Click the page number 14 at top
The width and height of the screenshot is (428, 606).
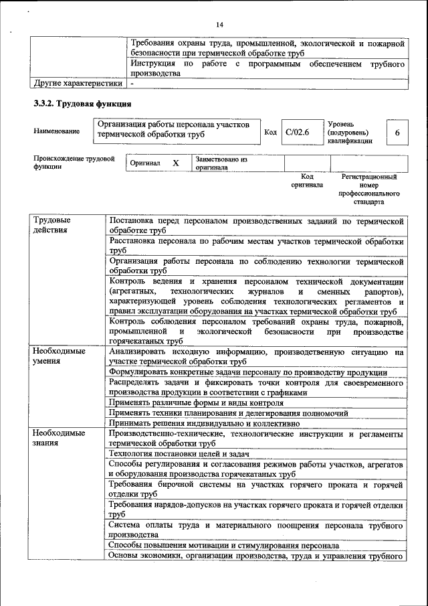pos(219,25)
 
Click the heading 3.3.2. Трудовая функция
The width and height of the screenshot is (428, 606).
pos(82,104)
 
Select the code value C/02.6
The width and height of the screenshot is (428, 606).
pos(297,133)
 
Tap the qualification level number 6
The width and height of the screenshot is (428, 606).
pos(397,133)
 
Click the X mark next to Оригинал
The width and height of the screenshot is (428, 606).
pos(176,163)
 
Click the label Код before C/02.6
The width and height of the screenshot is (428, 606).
pos(270,133)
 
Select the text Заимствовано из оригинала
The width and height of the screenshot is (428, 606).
pos(221,163)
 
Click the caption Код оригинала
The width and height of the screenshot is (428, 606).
pos(307,181)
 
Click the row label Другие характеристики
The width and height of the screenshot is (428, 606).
pos(78,84)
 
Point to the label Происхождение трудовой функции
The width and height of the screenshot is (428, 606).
pos(74,163)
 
